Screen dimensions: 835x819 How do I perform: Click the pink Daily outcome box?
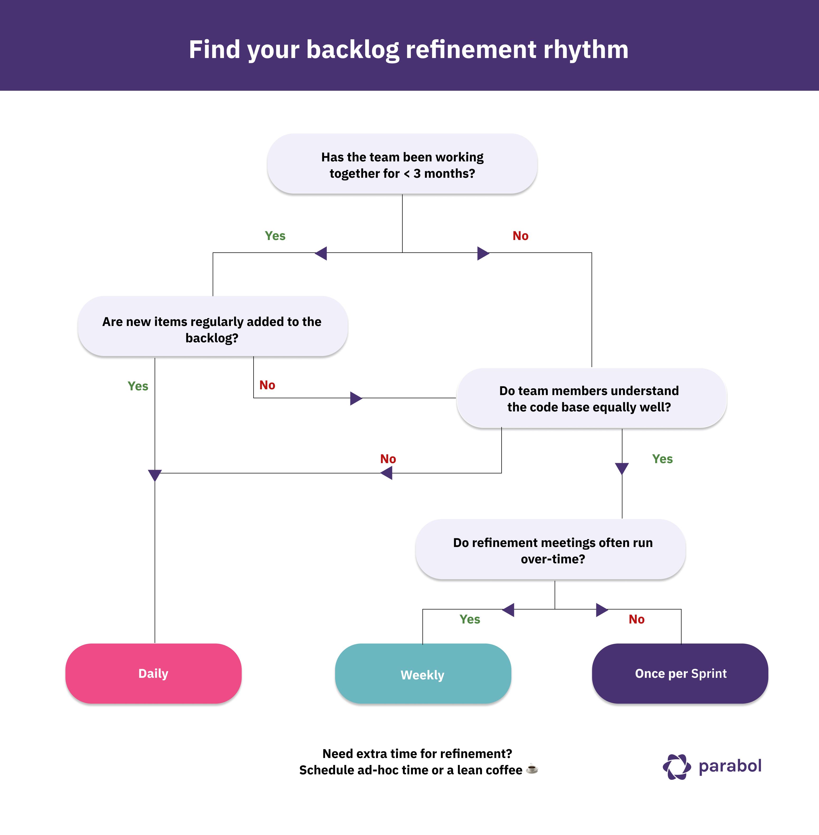click(153, 673)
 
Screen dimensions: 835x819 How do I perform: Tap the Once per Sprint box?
click(680, 673)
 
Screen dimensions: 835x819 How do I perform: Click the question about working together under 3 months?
click(402, 165)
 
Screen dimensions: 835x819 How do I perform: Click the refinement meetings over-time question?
click(552, 550)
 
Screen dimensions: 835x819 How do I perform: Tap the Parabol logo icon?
click(677, 767)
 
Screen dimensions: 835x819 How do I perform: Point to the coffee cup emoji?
click(532, 769)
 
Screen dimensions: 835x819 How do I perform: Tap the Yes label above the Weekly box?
click(469, 619)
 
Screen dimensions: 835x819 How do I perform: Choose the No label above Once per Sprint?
click(636, 619)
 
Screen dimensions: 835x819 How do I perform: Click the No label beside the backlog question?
click(267, 385)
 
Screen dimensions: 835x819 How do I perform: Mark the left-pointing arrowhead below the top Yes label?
click(321, 253)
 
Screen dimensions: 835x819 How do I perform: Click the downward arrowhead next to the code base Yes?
click(622, 468)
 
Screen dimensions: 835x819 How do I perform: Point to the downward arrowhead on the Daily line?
click(154, 475)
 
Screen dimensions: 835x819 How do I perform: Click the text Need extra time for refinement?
click(417, 754)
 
